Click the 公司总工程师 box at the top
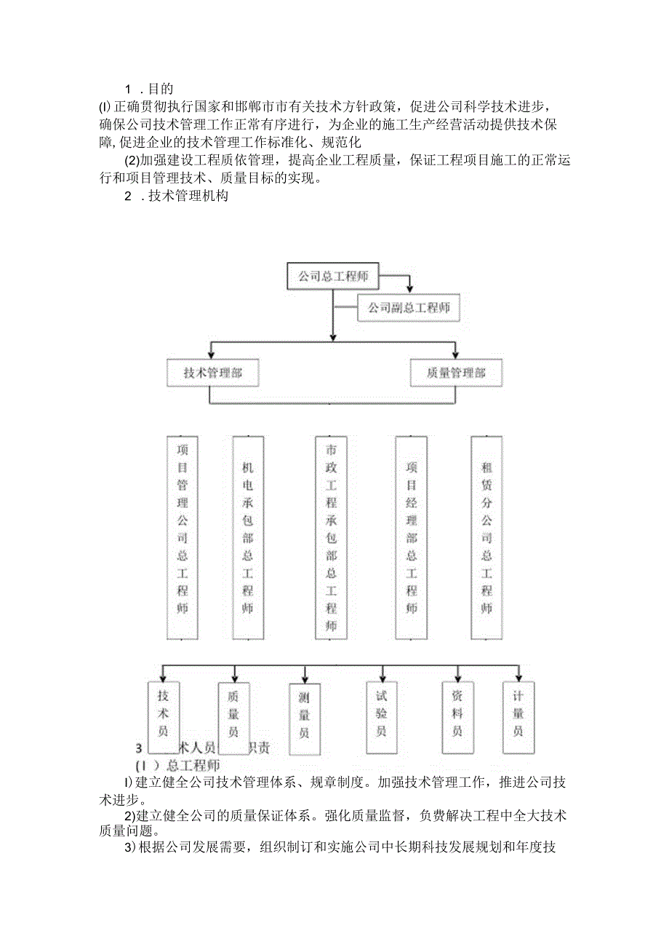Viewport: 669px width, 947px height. tap(332, 276)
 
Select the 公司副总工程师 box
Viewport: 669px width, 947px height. tap(409, 308)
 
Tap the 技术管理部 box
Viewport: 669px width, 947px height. tap(212, 373)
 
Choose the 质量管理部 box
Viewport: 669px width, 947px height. tap(456, 373)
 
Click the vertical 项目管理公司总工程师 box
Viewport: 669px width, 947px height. tap(183, 537)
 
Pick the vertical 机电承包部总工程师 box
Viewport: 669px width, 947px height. tap(248, 537)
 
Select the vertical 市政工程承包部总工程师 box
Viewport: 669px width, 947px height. tap(332, 537)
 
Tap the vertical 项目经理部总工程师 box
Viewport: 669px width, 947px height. tap(412, 537)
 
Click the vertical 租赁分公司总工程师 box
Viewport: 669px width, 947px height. tap(486, 537)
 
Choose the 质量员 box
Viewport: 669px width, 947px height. tap(233, 714)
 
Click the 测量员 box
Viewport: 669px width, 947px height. tap(304, 716)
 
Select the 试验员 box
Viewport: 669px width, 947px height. tap(382, 714)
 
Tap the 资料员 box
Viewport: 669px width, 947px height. tap(457, 714)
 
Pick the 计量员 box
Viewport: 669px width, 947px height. tap(518, 714)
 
